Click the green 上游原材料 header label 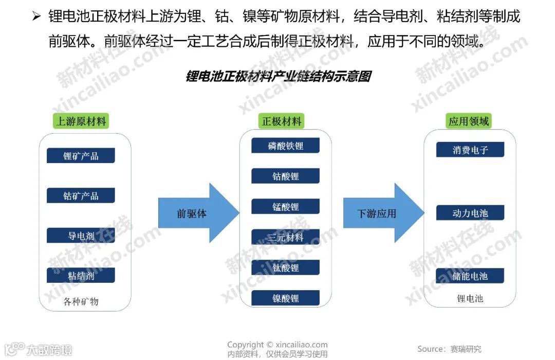[x=81, y=121]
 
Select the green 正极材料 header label [x=282, y=121]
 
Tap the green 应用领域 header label [x=469, y=121]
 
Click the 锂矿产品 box [x=81, y=155]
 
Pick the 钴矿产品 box [x=81, y=195]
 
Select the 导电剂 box [x=81, y=236]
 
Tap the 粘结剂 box [x=81, y=275]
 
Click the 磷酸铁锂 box [x=285, y=146]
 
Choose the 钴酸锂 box [x=285, y=176]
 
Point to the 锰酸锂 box [x=285, y=207]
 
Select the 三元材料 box [x=285, y=237]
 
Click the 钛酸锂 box [x=285, y=267]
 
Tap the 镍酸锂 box [x=285, y=298]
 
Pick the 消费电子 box [x=470, y=150]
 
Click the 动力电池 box [x=470, y=213]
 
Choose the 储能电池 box [x=470, y=276]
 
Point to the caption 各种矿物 [x=81, y=301]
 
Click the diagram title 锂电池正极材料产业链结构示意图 [x=277, y=77]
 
